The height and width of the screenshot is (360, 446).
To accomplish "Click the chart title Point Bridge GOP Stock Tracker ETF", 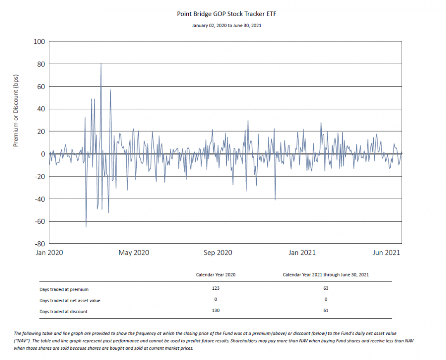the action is click(x=226, y=14).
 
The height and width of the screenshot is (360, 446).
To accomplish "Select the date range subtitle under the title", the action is click(x=226, y=25).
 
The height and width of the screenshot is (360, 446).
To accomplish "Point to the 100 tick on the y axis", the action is click(x=39, y=42).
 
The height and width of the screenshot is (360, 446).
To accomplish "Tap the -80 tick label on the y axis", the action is click(x=40, y=244).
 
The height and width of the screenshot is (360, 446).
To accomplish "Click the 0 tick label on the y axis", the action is click(x=43, y=154).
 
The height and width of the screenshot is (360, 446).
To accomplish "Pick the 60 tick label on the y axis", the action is click(x=41, y=86).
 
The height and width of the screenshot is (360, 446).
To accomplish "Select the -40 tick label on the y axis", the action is click(x=40, y=199).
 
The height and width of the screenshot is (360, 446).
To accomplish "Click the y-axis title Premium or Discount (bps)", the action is click(x=16, y=111).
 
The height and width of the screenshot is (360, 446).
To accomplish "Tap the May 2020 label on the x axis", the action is click(x=134, y=253).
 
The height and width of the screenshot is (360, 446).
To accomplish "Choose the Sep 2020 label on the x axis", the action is click(x=218, y=253).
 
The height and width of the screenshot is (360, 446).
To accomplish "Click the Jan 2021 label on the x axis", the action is click(x=302, y=253).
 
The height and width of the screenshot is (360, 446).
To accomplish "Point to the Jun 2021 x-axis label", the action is click(x=386, y=253).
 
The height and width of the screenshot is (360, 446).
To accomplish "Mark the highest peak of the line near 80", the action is click(x=101, y=63).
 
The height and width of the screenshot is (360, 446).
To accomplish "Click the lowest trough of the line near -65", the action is click(x=86, y=227).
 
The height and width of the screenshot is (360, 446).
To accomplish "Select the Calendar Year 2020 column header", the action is click(x=216, y=274).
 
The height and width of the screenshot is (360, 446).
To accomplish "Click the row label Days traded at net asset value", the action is click(x=70, y=300).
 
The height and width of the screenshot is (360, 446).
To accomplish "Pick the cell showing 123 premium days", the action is click(x=216, y=288).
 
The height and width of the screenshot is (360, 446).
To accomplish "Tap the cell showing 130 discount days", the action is click(x=216, y=310).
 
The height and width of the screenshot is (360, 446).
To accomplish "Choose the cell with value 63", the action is click(x=326, y=288).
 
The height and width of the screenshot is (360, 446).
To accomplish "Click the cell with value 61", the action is click(x=326, y=310).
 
